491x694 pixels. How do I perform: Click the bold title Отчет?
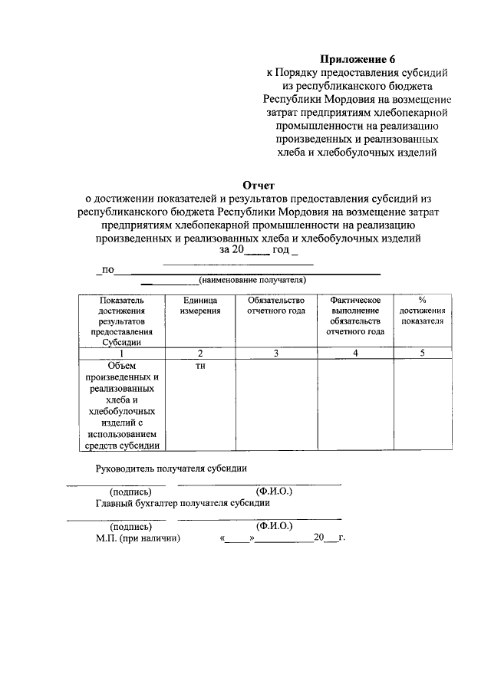[258, 184]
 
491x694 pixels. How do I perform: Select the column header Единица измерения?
[200, 305]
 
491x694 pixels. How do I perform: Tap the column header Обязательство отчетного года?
[276, 305]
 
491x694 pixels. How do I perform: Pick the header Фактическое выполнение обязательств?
[354, 315]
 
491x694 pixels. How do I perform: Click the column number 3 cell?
[276, 353]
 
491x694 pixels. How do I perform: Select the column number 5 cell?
[421, 353]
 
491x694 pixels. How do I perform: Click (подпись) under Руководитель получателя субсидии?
[131, 491]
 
